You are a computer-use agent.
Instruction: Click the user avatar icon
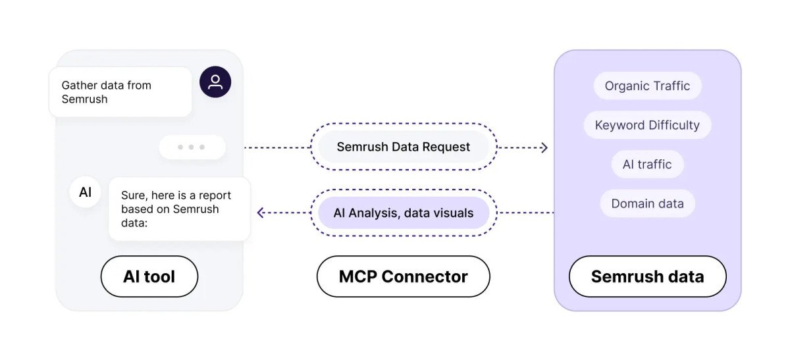(x=215, y=82)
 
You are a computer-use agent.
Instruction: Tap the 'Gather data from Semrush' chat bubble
(x=120, y=92)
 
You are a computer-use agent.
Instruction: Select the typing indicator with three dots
(x=192, y=147)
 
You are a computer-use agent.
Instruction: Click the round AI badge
(x=85, y=192)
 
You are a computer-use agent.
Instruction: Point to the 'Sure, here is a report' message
(x=179, y=209)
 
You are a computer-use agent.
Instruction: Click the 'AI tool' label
(x=149, y=276)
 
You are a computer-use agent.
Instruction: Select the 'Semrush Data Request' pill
(x=404, y=147)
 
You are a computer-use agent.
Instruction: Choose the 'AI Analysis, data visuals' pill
(x=404, y=213)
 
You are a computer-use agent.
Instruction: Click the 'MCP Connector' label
(x=403, y=276)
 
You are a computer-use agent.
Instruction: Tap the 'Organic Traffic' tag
(x=647, y=86)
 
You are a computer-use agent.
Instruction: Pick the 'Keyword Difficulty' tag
(x=647, y=125)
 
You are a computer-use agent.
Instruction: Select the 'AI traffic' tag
(x=647, y=165)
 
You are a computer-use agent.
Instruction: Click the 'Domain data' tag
(x=647, y=204)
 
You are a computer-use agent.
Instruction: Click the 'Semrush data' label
(x=647, y=276)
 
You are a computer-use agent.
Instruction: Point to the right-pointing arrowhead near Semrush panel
(x=544, y=147)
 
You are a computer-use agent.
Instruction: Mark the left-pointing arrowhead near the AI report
(x=261, y=213)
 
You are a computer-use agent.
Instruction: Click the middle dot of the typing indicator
(x=192, y=147)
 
